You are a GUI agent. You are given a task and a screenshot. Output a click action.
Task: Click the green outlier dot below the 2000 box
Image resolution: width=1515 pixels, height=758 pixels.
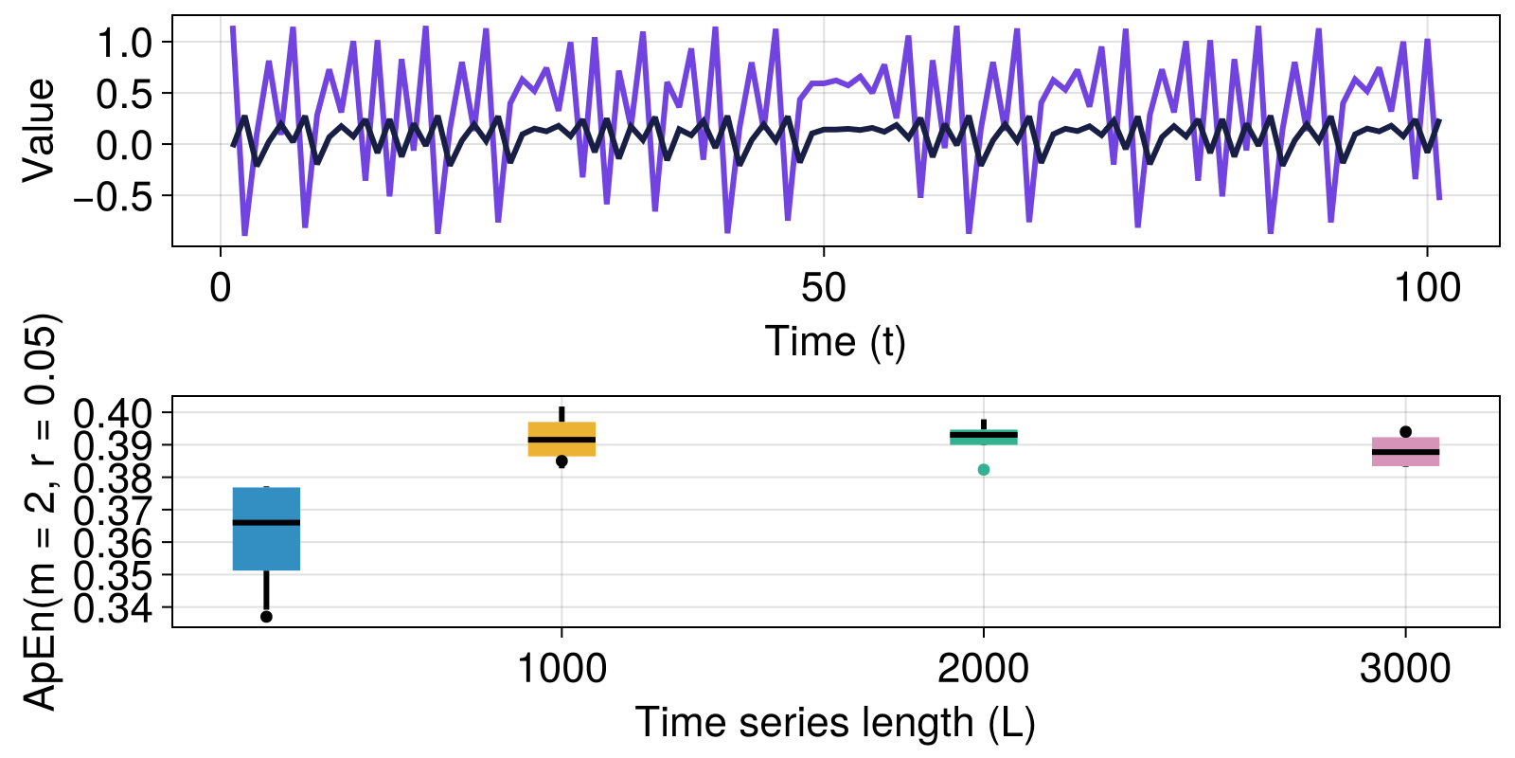pyautogui.click(x=984, y=470)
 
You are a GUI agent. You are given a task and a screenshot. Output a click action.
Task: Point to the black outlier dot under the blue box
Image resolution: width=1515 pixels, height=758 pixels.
pyautogui.click(x=266, y=617)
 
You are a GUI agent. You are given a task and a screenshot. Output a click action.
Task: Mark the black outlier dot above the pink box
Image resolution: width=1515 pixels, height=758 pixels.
pyautogui.click(x=1405, y=432)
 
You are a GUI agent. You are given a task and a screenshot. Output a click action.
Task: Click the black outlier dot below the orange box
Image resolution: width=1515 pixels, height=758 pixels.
pyautogui.click(x=561, y=461)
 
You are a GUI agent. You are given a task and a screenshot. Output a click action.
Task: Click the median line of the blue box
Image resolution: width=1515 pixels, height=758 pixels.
pyautogui.click(x=266, y=522)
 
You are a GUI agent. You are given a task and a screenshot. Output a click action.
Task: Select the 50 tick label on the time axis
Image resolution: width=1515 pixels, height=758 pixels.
pyautogui.click(x=823, y=288)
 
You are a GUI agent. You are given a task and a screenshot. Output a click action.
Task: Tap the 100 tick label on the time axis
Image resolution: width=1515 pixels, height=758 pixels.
pyautogui.click(x=1427, y=288)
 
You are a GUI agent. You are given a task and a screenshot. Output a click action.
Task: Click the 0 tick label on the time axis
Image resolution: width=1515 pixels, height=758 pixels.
pyautogui.click(x=221, y=288)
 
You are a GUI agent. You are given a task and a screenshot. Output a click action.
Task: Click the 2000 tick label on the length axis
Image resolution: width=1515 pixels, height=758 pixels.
pyautogui.click(x=983, y=670)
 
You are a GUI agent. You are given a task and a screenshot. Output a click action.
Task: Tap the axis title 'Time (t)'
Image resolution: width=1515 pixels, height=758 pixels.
pyautogui.click(x=835, y=341)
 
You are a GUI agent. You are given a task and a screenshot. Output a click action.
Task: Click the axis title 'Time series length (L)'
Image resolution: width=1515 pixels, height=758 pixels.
pyautogui.click(x=835, y=723)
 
